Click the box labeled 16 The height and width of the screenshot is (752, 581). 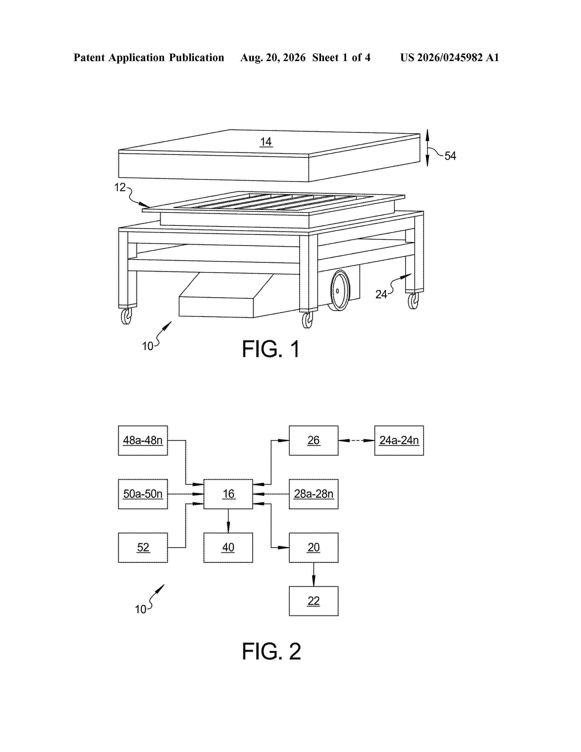[228, 494]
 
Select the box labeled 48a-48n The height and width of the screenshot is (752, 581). [143, 440]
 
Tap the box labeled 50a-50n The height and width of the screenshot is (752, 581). [143, 494]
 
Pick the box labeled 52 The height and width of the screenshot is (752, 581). [143, 547]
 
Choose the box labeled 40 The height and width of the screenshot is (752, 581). [228, 547]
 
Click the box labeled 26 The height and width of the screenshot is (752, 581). [314, 440]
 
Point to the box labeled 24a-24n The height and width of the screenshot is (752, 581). [399, 440]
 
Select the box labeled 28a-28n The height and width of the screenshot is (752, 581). [314, 494]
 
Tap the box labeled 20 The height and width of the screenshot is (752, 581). [314, 547]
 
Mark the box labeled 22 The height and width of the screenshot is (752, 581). [314, 601]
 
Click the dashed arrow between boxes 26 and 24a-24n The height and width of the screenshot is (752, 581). [356, 440]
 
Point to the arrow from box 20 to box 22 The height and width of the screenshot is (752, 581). [314, 574]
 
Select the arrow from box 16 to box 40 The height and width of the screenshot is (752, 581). [228, 521]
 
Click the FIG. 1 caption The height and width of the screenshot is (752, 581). [271, 349]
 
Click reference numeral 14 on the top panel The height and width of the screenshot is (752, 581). [266, 142]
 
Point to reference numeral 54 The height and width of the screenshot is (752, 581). [450, 156]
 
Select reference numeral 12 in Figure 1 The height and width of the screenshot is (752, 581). [120, 187]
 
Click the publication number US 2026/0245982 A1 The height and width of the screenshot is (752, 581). [450, 57]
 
